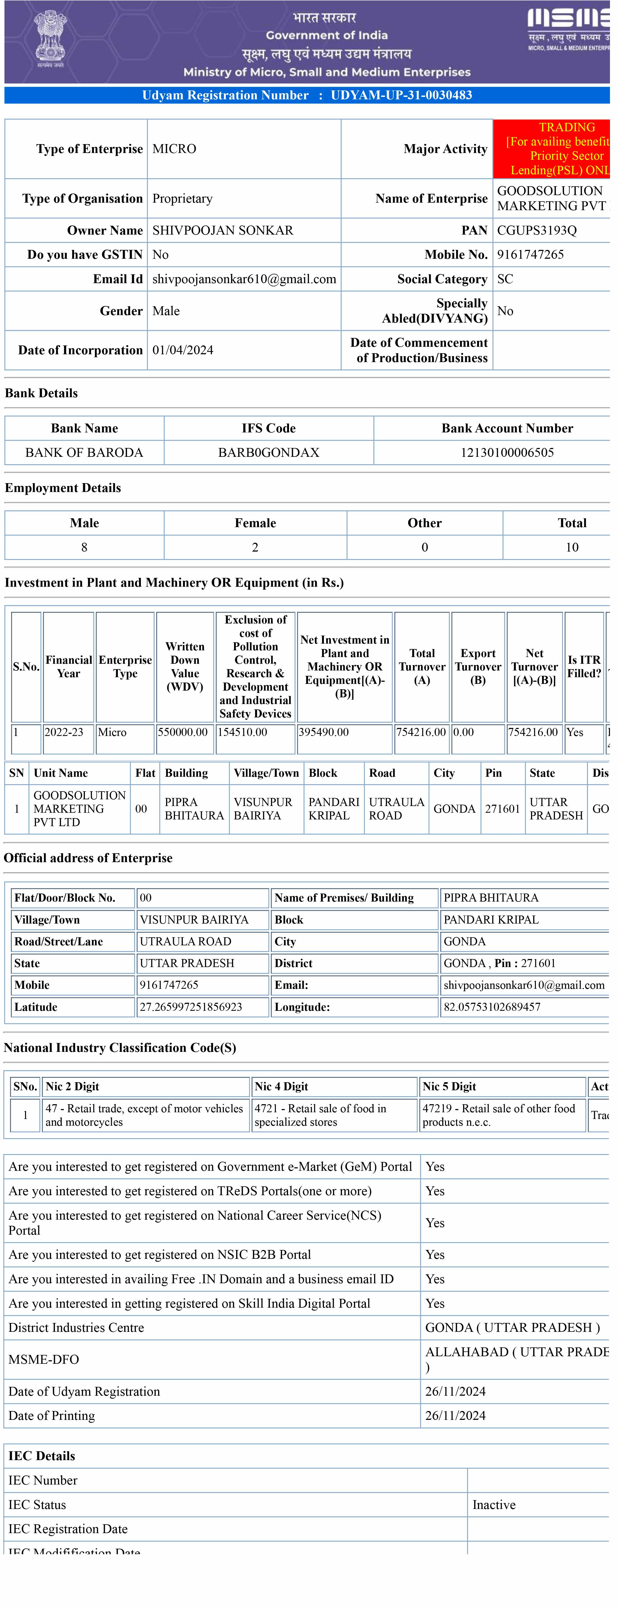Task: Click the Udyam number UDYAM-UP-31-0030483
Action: [401, 96]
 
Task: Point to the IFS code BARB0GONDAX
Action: [268, 453]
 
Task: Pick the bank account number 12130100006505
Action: [507, 453]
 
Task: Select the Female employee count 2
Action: [255, 548]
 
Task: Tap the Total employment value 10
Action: [572, 548]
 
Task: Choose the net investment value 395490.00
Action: [323, 732]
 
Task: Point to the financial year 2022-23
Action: [64, 732]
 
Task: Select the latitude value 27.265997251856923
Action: [191, 1007]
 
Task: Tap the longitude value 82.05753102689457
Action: [492, 1007]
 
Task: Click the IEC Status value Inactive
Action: [494, 1505]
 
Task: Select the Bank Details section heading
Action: [41, 393]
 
